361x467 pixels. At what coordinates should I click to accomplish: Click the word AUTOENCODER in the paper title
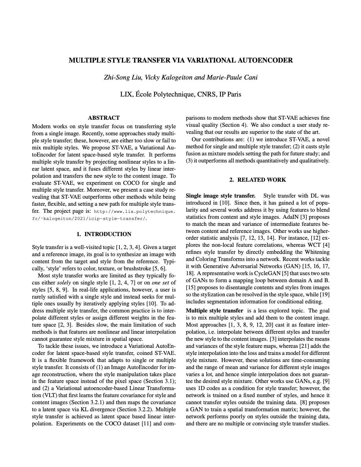click(264, 60)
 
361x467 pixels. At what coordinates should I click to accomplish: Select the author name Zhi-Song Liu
click(123, 77)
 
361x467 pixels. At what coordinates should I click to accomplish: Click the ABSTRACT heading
click(104, 118)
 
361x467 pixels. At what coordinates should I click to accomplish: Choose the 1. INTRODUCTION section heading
click(104, 234)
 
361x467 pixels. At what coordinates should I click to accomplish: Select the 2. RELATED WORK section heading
click(257, 180)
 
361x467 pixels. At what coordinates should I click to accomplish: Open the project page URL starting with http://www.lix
click(134, 212)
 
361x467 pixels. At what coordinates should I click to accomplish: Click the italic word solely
click(64, 282)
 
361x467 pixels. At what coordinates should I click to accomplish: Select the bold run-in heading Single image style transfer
click(220, 196)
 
